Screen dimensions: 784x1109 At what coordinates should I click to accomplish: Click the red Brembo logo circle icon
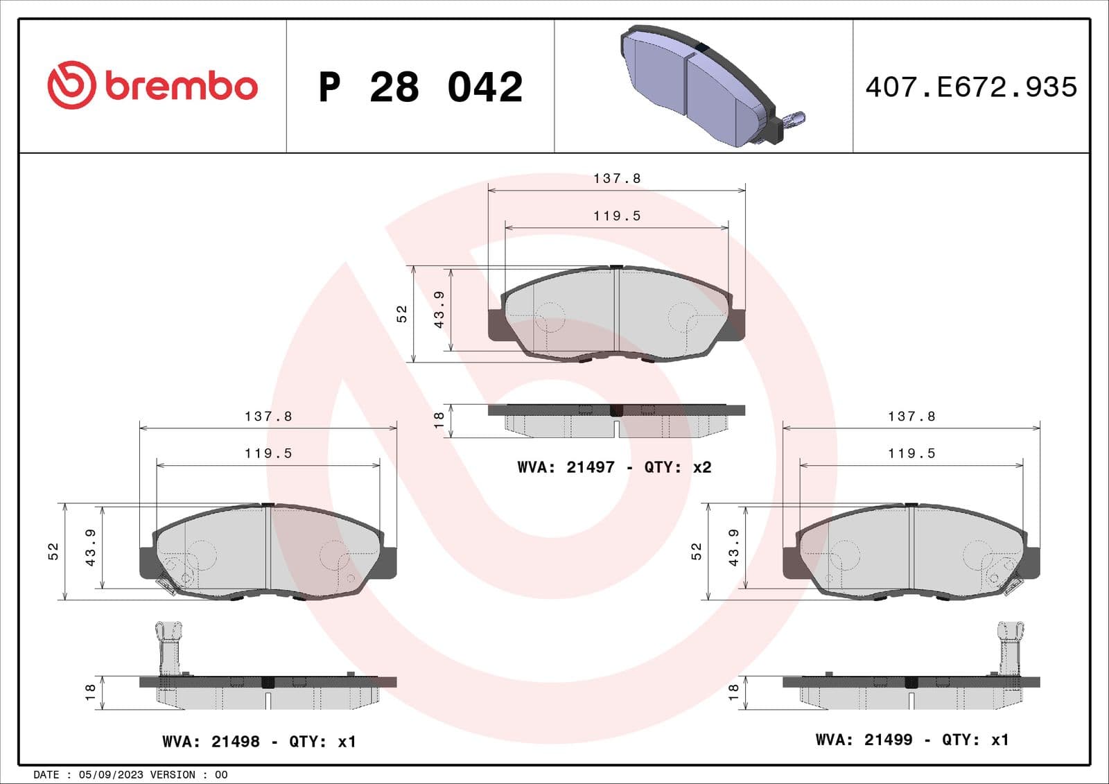click(x=71, y=85)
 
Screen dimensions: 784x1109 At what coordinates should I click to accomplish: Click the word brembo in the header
click(x=182, y=86)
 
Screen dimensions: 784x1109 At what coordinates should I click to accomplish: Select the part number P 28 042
click(x=420, y=87)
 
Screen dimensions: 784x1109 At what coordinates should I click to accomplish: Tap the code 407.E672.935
click(x=971, y=87)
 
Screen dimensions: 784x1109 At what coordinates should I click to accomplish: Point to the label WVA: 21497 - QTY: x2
click(x=614, y=467)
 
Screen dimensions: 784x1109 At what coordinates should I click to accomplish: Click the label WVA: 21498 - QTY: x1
click(x=259, y=742)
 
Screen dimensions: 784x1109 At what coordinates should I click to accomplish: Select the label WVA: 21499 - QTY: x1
click(x=912, y=740)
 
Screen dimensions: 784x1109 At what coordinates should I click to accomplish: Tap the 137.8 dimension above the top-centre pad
click(x=617, y=179)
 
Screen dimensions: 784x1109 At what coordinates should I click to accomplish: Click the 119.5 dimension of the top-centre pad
click(x=617, y=216)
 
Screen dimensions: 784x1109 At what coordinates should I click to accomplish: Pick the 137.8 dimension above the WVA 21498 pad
click(x=268, y=417)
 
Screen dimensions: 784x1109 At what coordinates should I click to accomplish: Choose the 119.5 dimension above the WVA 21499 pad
click(x=911, y=453)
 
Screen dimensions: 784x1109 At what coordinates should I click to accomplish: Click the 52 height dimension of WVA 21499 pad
click(x=697, y=551)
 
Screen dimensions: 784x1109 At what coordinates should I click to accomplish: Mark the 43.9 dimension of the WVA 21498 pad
click(x=90, y=548)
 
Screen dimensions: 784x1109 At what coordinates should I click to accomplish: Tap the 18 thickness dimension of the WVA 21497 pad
click(x=438, y=420)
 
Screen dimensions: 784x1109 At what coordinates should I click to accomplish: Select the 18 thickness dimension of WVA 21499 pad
click(x=734, y=692)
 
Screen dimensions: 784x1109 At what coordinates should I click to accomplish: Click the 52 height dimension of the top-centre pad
click(x=401, y=314)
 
